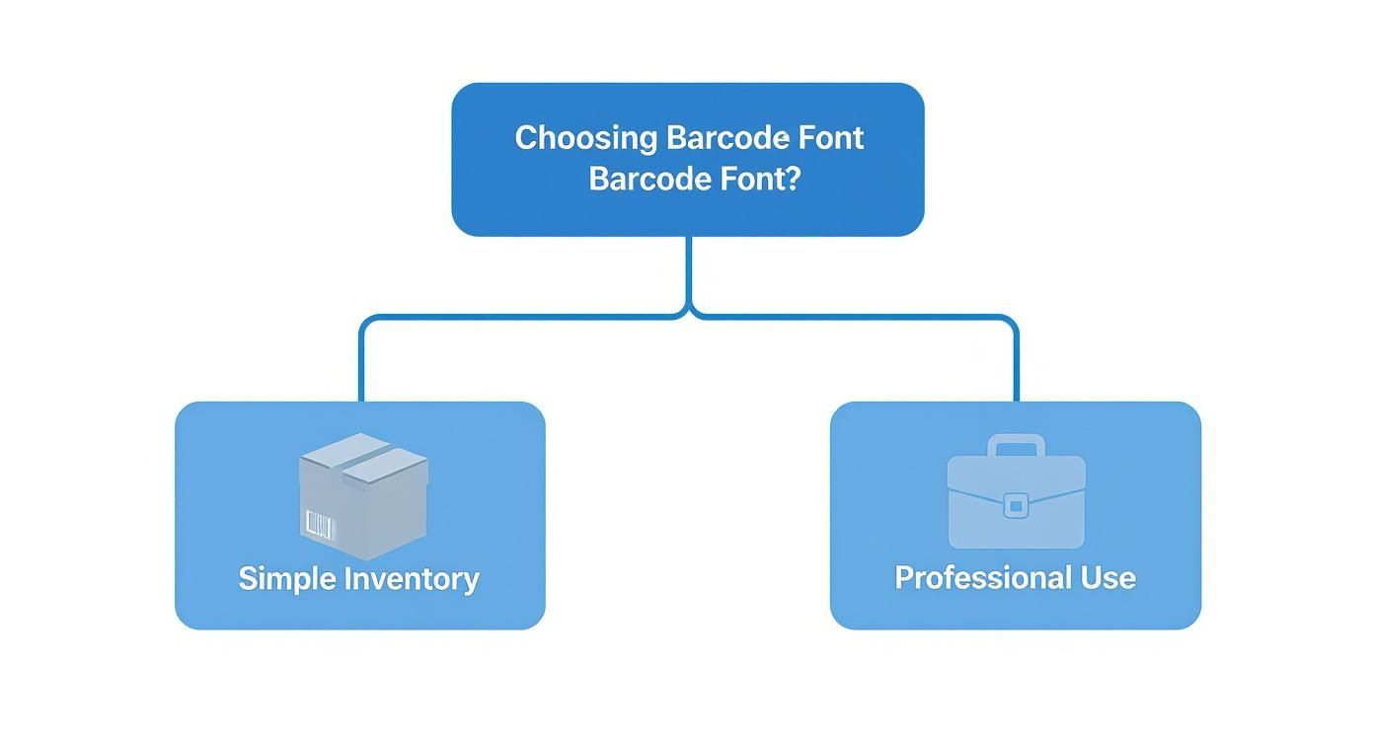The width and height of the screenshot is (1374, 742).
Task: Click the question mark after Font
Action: point(790,180)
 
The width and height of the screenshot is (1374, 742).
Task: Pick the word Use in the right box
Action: point(1110,577)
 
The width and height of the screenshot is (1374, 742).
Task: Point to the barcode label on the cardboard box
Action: point(321,525)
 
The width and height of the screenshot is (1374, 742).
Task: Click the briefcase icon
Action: point(1016,493)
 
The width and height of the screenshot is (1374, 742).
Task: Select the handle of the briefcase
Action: point(1016,444)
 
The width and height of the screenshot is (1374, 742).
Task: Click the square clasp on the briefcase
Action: point(1016,506)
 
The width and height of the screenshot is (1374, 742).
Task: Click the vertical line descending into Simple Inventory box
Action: point(361,365)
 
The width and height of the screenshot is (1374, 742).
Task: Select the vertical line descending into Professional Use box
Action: point(1016,365)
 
